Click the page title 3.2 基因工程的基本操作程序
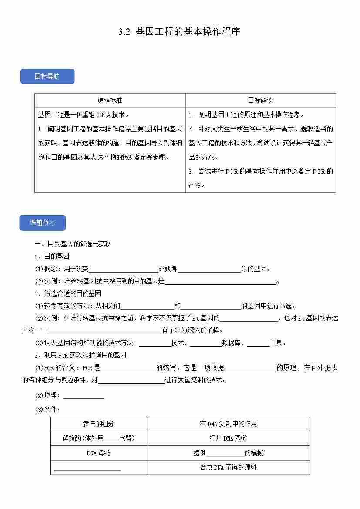179,32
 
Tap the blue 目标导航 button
47,77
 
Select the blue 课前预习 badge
43,223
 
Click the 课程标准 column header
110,101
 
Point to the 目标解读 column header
260,101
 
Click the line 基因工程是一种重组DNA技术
84,115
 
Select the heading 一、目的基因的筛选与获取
73,244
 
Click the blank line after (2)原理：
84,396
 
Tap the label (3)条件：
47,409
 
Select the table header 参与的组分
99,424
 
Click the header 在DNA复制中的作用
229,424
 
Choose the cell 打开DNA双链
229,438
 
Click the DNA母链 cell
99,453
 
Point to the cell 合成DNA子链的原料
229,468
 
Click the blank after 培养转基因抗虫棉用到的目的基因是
220,281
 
